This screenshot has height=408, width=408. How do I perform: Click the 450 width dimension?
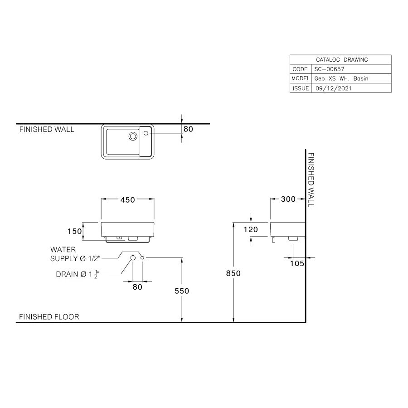click(127, 200)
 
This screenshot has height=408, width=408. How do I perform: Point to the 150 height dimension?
click(75, 231)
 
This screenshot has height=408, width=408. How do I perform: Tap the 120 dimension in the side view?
click(250, 229)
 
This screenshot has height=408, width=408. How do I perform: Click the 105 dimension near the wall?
click(297, 263)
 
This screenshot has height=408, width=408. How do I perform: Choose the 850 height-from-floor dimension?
click(233, 273)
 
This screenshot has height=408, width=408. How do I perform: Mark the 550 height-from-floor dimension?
click(181, 291)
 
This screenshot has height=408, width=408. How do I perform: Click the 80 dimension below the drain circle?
click(137, 287)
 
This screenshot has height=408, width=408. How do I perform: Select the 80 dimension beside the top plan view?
click(188, 129)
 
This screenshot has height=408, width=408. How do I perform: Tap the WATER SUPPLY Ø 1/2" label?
click(74, 254)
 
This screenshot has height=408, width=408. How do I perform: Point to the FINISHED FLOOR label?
click(49, 316)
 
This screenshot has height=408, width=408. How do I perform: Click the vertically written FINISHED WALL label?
click(311, 180)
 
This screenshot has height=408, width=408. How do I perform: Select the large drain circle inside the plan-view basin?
click(133, 136)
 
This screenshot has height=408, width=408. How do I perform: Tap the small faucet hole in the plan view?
click(146, 133)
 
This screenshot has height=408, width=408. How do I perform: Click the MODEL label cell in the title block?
click(300, 79)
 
